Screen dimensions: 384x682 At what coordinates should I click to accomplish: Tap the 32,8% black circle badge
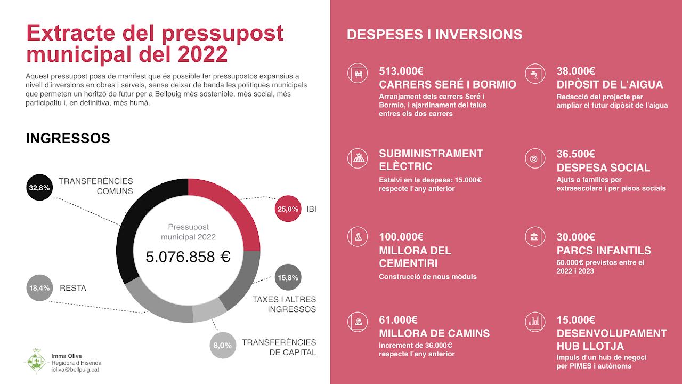(39, 187)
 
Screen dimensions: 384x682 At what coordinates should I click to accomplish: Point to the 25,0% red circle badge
(288, 209)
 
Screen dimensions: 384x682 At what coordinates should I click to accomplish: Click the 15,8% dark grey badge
(288, 277)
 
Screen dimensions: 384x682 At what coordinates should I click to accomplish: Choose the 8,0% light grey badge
(222, 345)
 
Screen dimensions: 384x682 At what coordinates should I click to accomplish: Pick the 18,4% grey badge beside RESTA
(39, 288)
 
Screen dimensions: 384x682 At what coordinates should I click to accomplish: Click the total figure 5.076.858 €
(188, 257)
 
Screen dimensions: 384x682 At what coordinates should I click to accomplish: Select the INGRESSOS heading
(68, 139)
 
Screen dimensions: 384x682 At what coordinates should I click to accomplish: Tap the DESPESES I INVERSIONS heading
(434, 35)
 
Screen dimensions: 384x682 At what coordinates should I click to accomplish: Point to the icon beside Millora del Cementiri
(358, 237)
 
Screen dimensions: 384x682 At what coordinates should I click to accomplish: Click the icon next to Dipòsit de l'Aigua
(534, 73)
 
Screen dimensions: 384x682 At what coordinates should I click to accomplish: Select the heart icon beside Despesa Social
(534, 158)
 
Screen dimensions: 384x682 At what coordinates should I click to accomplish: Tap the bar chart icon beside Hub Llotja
(534, 321)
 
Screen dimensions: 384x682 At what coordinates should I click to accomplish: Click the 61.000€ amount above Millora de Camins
(398, 320)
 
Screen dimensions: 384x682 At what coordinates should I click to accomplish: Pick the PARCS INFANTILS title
(604, 251)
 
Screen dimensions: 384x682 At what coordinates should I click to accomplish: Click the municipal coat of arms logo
(37, 362)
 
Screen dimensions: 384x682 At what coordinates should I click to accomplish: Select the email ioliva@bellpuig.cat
(75, 370)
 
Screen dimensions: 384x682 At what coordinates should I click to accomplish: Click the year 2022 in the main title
(202, 54)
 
